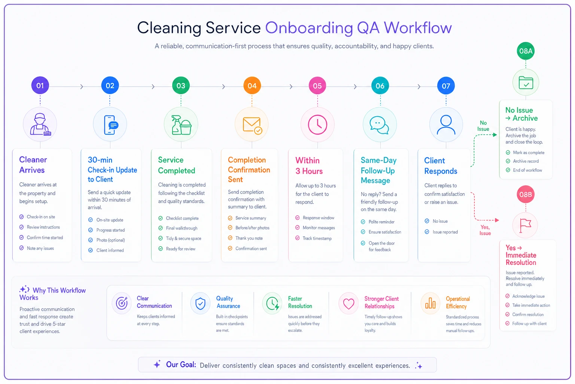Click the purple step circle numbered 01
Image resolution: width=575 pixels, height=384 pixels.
coord(40,85)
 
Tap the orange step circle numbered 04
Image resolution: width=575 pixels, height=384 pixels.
coord(252,85)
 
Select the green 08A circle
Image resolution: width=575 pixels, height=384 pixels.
coord(526,51)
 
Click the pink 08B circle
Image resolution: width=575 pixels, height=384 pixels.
coord(526,195)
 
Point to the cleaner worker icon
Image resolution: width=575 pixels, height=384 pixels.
coord(40,124)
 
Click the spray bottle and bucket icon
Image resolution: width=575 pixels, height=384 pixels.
coord(181,125)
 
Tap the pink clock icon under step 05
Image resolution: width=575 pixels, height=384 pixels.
coord(317,125)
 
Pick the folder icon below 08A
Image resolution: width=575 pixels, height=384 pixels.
coord(526,82)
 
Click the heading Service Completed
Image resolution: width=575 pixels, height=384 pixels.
coord(176,165)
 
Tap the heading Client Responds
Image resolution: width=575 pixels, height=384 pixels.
coord(441,166)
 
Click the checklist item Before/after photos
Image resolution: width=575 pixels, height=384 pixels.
coord(252,228)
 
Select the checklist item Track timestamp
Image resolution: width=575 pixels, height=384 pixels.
coord(317,238)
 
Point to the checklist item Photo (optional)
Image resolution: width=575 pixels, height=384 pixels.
coord(110,240)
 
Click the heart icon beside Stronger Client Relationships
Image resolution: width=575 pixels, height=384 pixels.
coord(349,304)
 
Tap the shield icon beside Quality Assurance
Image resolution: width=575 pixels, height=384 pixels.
coord(200,303)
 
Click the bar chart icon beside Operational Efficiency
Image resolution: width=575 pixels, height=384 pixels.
coord(430,303)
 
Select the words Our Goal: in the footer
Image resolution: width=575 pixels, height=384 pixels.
coord(181,365)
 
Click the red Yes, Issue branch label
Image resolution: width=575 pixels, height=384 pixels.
coord(485,230)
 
